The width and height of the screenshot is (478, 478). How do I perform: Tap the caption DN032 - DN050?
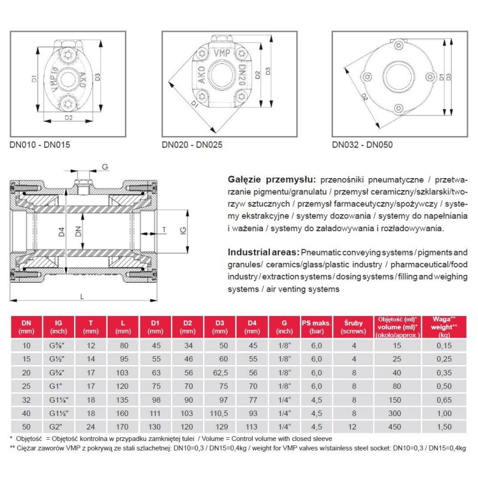(362, 144)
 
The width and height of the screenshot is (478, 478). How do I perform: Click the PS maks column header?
(315, 326)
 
